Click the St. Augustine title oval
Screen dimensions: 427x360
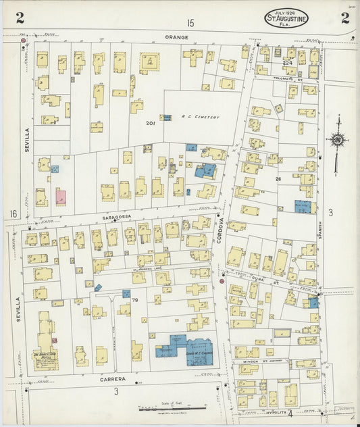pos(286,18)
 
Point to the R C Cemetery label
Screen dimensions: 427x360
pos(201,117)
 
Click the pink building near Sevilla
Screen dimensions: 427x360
pos(61,197)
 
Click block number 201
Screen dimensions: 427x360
pos(150,124)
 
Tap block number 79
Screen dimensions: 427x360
pos(134,300)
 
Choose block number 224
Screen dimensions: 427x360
pos(287,63)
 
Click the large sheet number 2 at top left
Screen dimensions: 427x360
pos(20,18)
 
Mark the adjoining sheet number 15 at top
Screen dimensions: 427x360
pos(190,24)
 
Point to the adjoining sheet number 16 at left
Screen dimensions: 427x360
pos(13,214)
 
